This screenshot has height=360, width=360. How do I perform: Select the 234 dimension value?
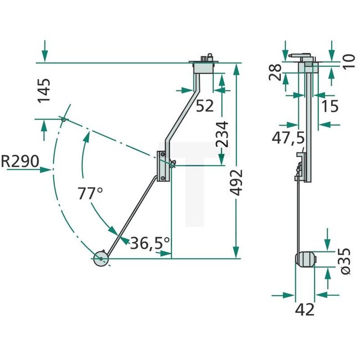click(222, 133)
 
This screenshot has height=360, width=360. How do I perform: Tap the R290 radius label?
click(20, 162)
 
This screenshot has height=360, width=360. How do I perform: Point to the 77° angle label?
click(90, 194)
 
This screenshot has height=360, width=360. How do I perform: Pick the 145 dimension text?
click(44, 91)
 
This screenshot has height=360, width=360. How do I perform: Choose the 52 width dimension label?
click(204, 105)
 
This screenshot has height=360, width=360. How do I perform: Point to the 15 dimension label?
click(329, 105)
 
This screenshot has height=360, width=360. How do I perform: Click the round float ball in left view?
click(101, 259)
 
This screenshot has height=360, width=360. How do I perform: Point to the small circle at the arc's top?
click(64, 119)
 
